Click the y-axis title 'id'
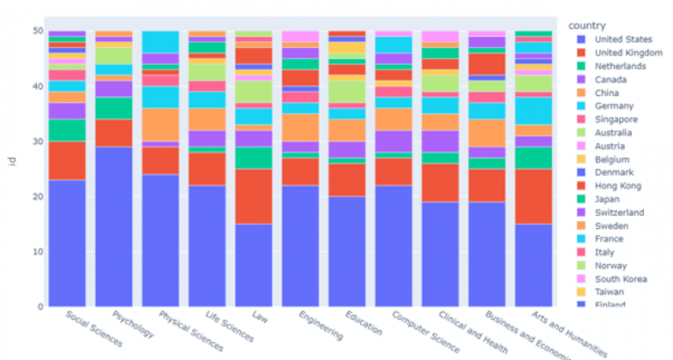pos(12,169)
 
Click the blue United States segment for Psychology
pos(114,226)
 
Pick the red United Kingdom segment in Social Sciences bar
pos(67,160)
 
